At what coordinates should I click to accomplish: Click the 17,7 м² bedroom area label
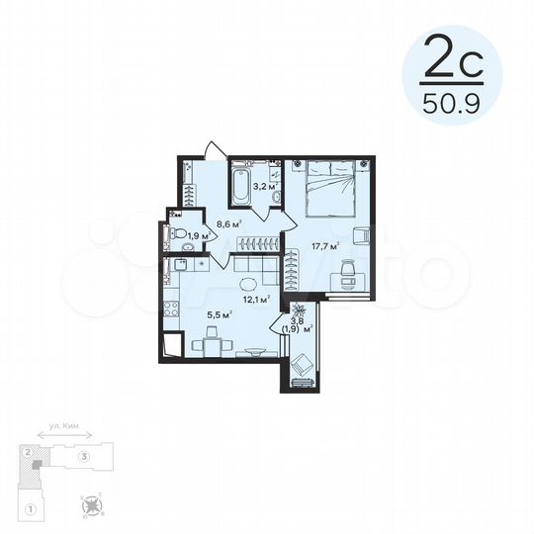pyautogui.click(x=327, y=246)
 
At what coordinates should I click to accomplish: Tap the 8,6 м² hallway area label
pyautogui.click(x=230, y=224)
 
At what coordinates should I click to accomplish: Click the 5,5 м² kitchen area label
pyautogui.click(x=219, y=313)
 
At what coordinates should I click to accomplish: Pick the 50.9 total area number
pyautogui.click(x=452, y=101)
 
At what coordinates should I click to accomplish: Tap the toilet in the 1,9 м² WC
pyautogui.click(x=175, y=234)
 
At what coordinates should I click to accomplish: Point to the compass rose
pyautogui.click(x=95, y=508)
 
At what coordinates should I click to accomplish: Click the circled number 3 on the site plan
pyautogui.click(x=86, y=456)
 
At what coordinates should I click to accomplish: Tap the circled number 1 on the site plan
pyautogui.click(x=32, y=509)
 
